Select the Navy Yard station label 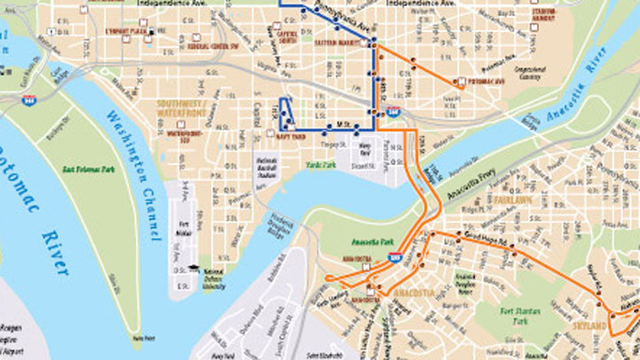292,136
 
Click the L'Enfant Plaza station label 127,31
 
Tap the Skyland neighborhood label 594,326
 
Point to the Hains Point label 137,338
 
